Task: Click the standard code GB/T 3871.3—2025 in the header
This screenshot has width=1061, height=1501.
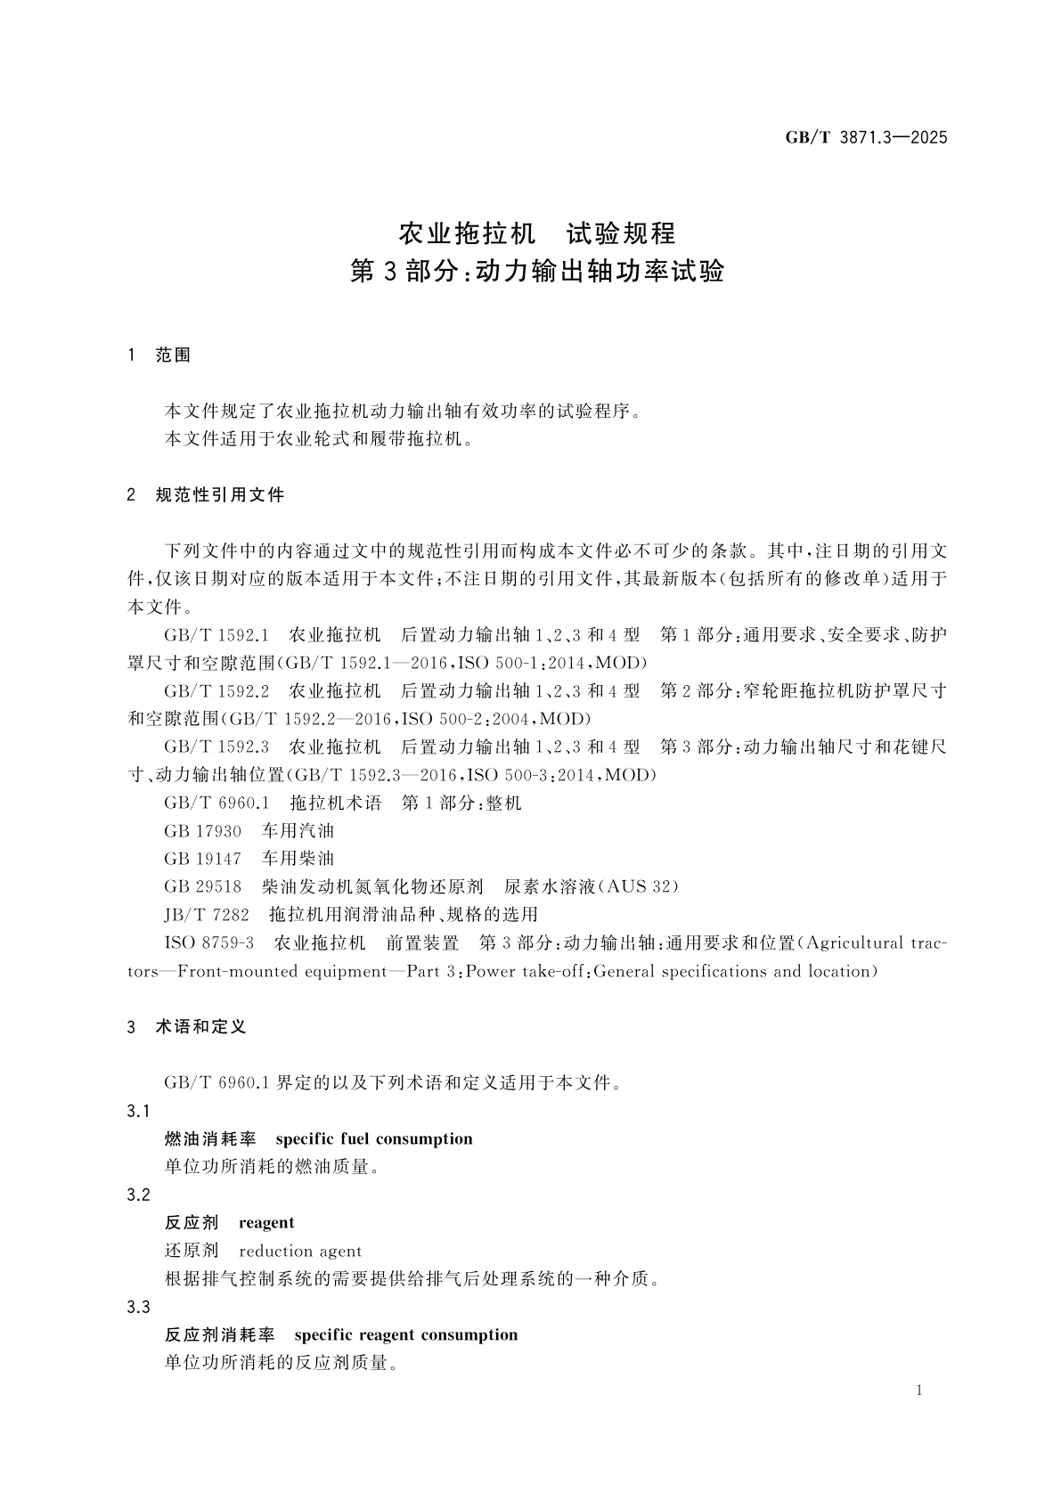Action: pyautogui.click(x=866, y=137)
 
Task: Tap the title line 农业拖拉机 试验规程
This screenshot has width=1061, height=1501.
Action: pyautogui.click(x=536, y=234)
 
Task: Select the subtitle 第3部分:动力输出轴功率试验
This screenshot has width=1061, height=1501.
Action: pyautogui.click(x=537, y=272)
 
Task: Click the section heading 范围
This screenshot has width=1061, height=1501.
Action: pyautogui.click(x=173, y=355)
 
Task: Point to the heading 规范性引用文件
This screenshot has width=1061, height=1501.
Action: pyautogui.click(x=219, y=495)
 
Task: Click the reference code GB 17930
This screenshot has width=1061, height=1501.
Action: pyautogui.click(x=202, y=831)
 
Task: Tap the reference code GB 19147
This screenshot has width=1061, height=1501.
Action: pyautogui.click(x=202, y=859)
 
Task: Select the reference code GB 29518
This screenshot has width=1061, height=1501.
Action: pyautogui.click(x=202, y=887)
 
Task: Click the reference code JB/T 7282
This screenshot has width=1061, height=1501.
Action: pyautogui.click(x=207, y=915)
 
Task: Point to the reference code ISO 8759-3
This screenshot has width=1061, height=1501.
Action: pyautogui.click(x=209, y=943)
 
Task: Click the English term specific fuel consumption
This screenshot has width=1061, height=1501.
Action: pyautogui.click(x=374, y=1139)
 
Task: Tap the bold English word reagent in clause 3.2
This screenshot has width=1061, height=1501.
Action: pyautogui.click(x=266, y=1223)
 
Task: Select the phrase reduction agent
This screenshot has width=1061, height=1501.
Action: pyautogui.click(x=300, y=1252)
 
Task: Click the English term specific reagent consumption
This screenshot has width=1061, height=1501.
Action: pyautogui.click(x=405, y=1335)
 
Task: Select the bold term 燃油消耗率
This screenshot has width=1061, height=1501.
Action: pyautogui.click(x=210, y=1139)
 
